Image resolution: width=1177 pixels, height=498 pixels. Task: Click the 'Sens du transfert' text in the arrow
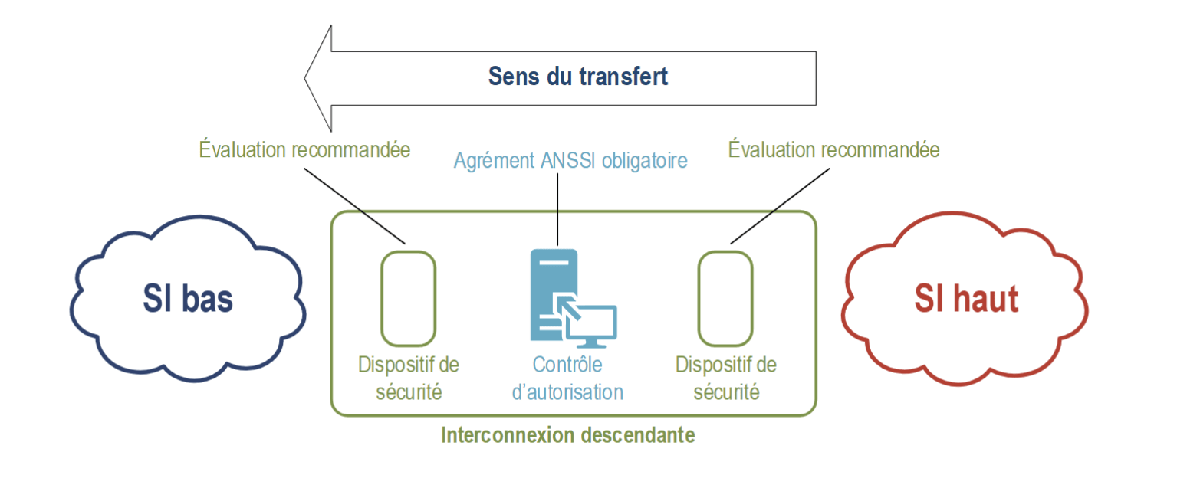tap(578, 77)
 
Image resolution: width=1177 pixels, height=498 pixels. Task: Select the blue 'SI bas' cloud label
tap(187, 299)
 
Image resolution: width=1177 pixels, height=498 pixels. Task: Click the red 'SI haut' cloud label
tap(965, 299)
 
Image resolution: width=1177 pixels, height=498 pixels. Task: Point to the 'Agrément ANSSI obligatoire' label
tap(570, 161)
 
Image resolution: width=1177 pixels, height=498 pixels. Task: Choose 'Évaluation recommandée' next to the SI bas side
tap(304, 149)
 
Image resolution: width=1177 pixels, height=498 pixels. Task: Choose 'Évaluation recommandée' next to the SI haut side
tap(833, 149)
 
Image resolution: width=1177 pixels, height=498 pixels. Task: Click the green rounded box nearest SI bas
tap(408, 298)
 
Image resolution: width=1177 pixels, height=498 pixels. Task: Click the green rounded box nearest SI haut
tap(725, 298)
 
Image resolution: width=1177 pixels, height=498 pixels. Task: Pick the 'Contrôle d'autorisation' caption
tap(567, 378)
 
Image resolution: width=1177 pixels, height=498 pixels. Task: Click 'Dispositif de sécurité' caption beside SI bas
tap(408, 378)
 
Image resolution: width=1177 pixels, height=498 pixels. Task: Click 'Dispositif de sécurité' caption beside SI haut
tap(725, 378)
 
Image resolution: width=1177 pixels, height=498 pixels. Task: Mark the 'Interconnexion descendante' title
tap(567, 435)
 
